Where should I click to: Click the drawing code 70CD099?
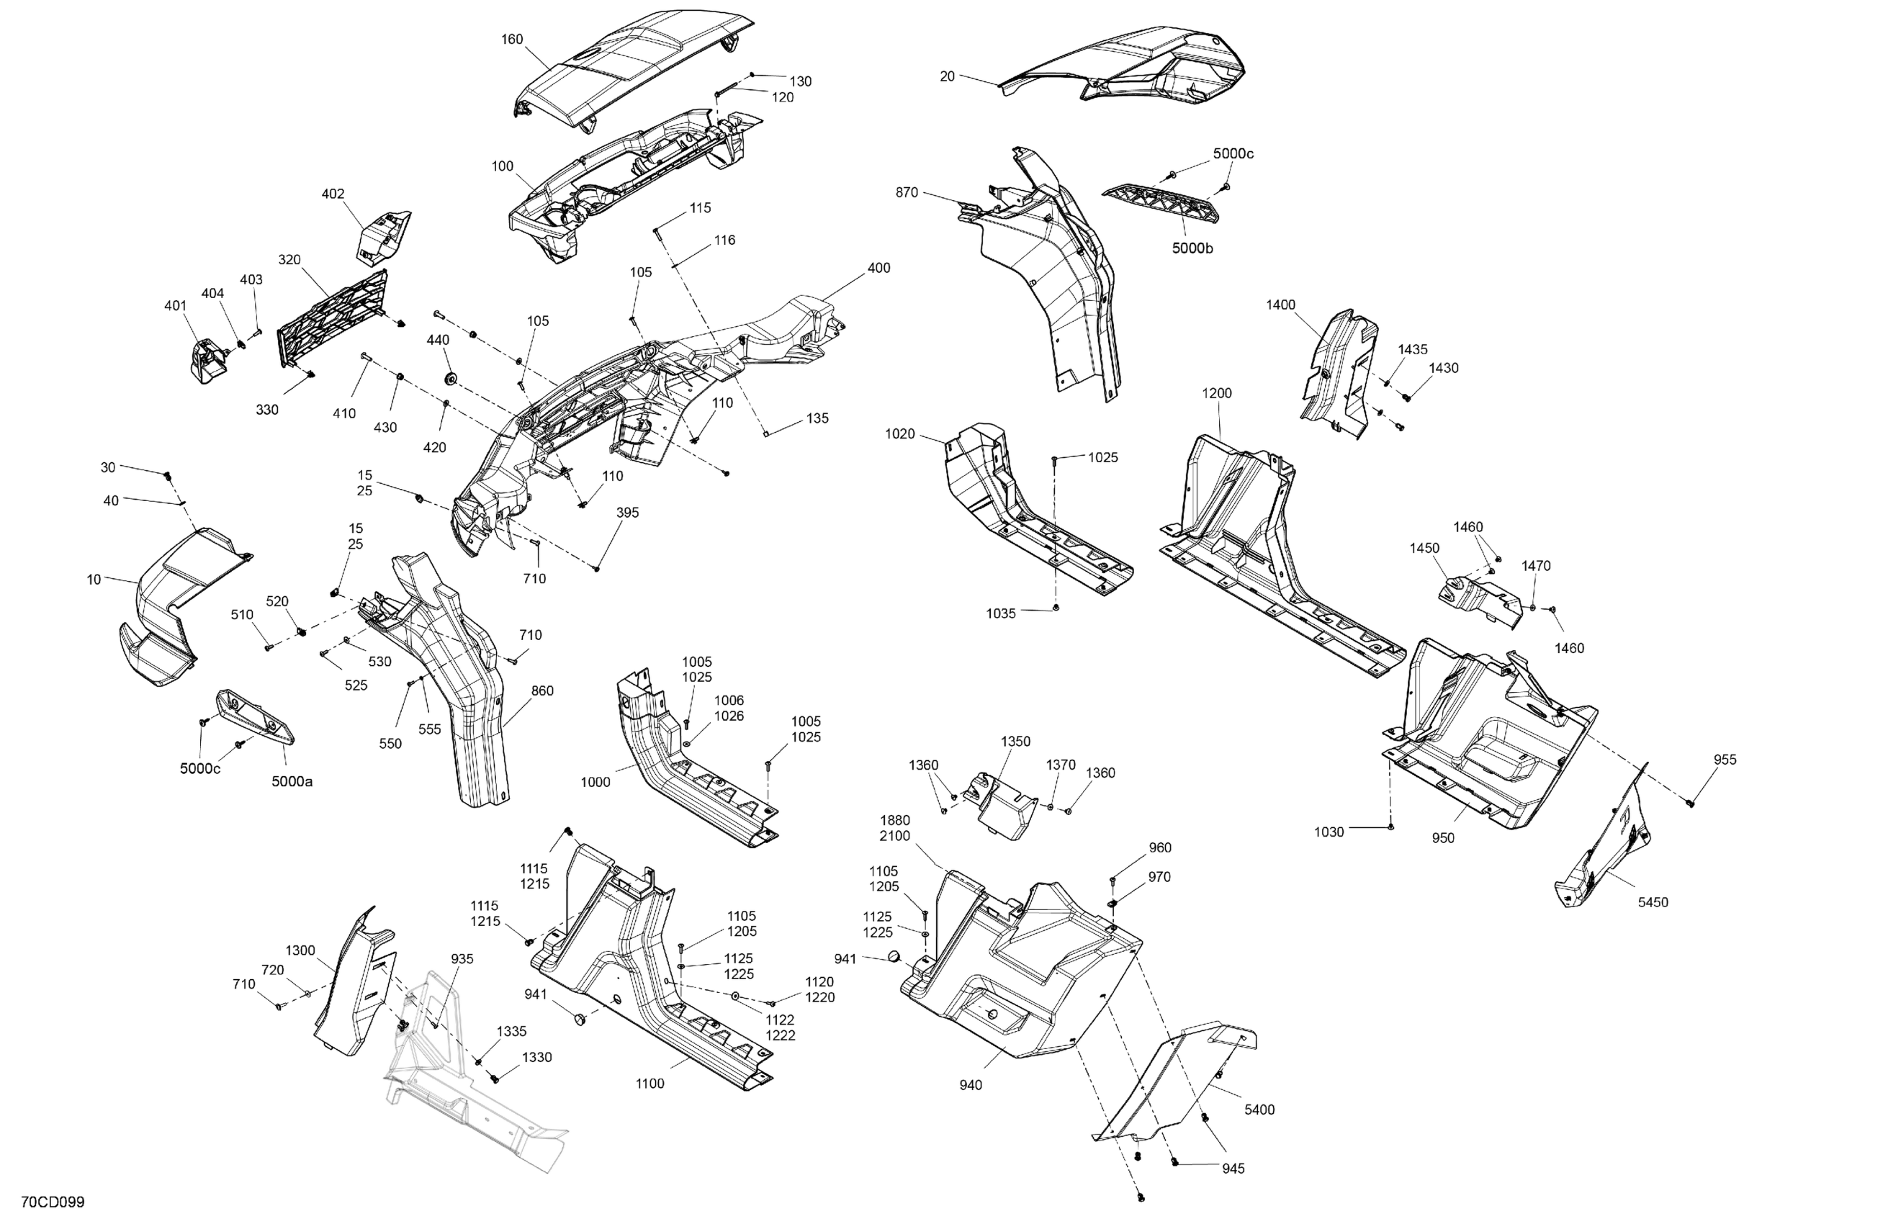(x=53, y=1202)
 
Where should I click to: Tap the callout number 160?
(x=513, y=39)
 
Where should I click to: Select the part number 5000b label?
(x=1192, y=248)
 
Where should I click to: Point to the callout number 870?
(x=907, y=193)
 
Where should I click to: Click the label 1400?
(x=1280, y=305)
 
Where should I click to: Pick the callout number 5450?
(x=1653, y=902)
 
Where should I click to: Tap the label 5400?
(x=1259, y=1110)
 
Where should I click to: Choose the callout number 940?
(x=970, y=1085)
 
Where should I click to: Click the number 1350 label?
(x=1015, y=742)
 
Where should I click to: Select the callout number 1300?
(x=301, y=950)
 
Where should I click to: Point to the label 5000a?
(x=292, y=781)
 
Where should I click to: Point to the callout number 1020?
(x=899, y=434)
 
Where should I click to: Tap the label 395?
(x=627, y=513)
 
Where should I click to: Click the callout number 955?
(x=1725, y=759)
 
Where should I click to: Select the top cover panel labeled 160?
(x=626, y=68)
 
